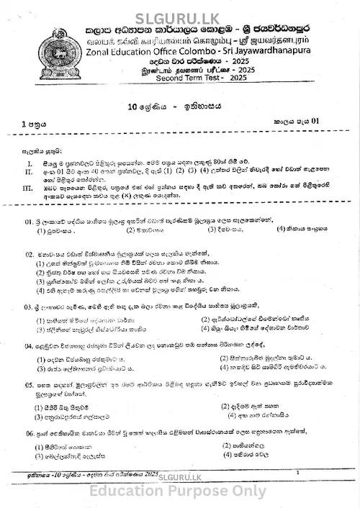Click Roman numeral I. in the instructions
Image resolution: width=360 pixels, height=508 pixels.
click(28, 164)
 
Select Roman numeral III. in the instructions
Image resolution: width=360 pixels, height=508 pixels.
click(29, 188)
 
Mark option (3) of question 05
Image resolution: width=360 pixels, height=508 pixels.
click(39, 416)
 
